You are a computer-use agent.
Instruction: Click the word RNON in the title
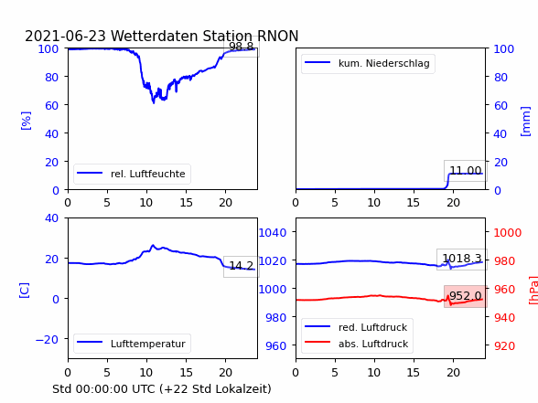click(x=277, y=36)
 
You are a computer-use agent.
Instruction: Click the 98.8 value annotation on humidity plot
click(x=242, y=47)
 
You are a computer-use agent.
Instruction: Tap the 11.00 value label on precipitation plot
click(x=466, y=170)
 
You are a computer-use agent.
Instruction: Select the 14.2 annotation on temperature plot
click(x=242, y=266)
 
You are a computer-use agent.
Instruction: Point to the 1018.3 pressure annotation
click(x=462, y=259)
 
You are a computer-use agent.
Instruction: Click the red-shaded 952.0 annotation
click(x=466, y=296)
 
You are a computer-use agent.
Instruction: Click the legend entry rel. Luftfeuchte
click(x=132, y=174)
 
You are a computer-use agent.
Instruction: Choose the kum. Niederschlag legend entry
click(x=368, y=63)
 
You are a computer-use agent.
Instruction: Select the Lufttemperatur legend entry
click(x=132, y=344)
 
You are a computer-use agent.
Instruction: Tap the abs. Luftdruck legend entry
click(x=357, y=344)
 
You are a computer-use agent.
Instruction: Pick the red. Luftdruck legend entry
click(x=357, y=327)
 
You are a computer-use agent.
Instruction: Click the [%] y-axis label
click(x=26, y=121)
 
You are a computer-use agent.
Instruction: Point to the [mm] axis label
click(x=525, y=122)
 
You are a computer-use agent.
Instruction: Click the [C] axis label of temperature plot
click(x=25, y=291)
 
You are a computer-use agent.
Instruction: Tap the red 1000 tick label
click(x=508, y=233)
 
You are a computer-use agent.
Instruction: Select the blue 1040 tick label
click(x=273, y=233)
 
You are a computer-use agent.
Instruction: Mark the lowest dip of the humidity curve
click(x=154, y=102)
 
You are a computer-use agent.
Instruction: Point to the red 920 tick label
click(x=504, y=345)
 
